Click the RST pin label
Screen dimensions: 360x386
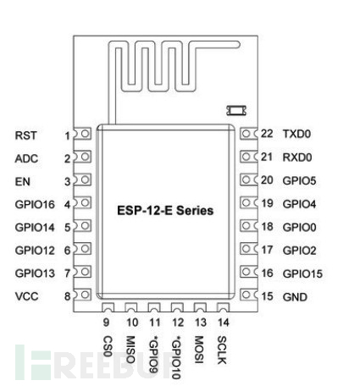25,135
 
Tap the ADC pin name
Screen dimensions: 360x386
26,158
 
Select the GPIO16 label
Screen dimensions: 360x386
35,205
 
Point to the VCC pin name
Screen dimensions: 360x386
26,296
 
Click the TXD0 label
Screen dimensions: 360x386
296,134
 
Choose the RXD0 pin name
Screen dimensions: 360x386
297,157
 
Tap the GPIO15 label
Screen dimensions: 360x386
302,273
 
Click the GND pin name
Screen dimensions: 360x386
295,297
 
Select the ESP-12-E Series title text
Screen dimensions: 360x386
165,211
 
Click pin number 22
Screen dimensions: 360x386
267,134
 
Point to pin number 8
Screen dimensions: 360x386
67,296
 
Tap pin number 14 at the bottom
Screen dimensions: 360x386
223,323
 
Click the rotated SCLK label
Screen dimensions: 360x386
222,350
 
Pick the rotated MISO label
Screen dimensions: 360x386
130,350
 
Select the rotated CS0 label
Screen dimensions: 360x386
108,346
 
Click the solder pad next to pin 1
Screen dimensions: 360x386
83,134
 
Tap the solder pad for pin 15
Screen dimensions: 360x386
248,295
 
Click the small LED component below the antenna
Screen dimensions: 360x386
236,110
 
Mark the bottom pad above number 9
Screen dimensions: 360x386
108,307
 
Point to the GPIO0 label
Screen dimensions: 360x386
299,227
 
